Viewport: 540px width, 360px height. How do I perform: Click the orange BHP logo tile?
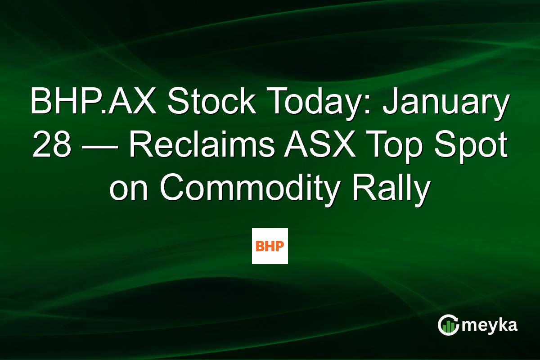pos(270,246)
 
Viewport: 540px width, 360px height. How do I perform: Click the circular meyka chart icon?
pos(448,325)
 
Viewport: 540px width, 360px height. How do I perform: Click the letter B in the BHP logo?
pos(260,247)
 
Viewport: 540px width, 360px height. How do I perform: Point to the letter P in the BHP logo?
pos(280,247)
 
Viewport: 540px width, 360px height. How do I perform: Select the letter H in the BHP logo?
pos(270,247)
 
